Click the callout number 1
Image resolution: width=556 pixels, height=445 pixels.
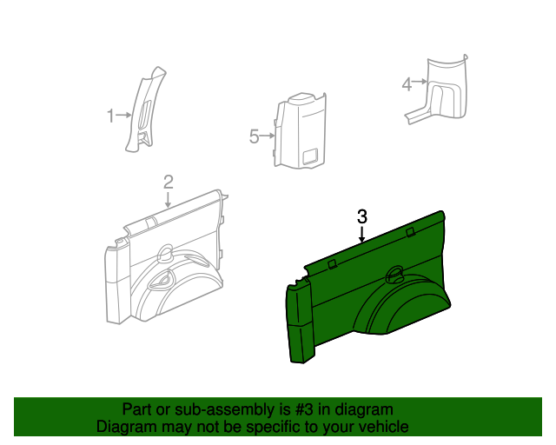click(x=111, y=116)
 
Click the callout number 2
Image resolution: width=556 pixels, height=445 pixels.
click(x=169, y=182)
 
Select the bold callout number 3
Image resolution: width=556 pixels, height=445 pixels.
click(x=362, y=216)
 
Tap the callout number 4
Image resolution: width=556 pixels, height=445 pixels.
click(x=407, y=84)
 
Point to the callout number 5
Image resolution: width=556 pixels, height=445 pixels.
click(x=255, y=136)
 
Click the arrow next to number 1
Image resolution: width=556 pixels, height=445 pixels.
click(x=123, y=115)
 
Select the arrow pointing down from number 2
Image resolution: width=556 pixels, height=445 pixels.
click(x=168, y=200)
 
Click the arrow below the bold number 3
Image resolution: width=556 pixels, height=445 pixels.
click(x=361, y=235)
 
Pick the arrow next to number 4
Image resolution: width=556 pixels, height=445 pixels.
click(x=420, y=82)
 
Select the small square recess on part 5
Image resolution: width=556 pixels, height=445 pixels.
click(x=311, y=156)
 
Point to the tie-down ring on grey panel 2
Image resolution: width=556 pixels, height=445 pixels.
click(x=164, y=254)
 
